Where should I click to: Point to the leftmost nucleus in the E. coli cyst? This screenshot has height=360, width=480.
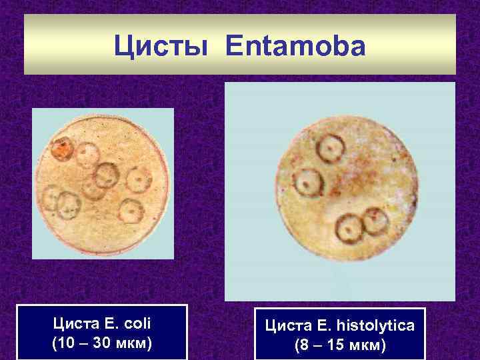(52, 197)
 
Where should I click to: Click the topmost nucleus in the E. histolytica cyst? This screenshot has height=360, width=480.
(330, 147)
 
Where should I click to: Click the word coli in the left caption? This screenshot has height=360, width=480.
(136, 325)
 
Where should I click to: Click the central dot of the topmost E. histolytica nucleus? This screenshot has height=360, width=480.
(329, 147)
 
